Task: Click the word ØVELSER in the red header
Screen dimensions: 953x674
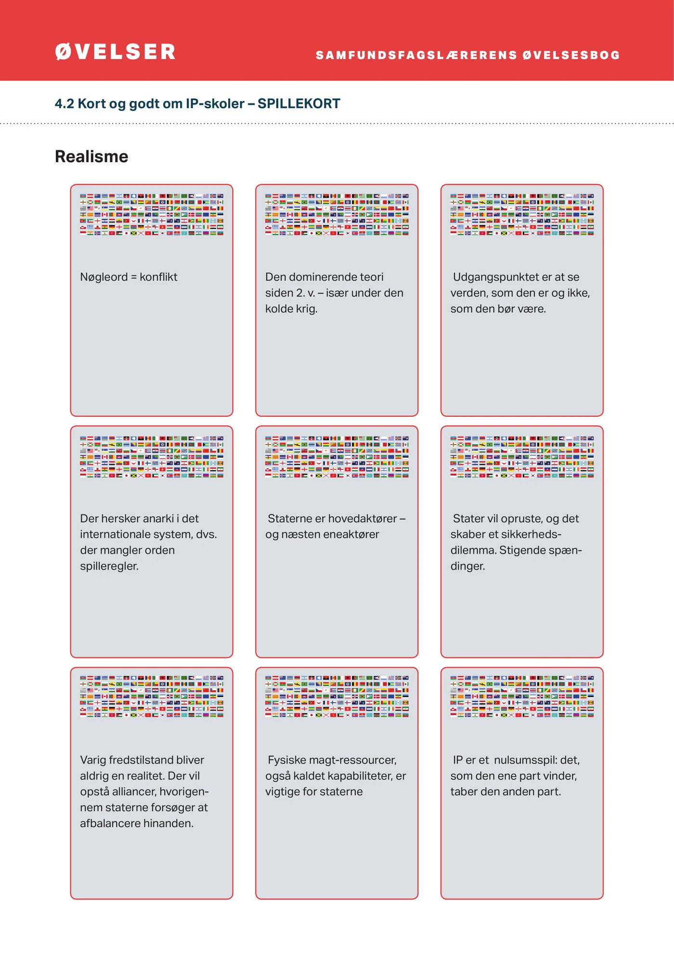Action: pos(115,52)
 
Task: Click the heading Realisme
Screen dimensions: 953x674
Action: pos(91,156)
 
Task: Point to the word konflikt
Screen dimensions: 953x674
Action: pos(158,277)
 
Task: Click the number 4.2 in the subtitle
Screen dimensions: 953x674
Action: pos(64,103)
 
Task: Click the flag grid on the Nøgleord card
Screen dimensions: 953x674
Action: pos(152,214)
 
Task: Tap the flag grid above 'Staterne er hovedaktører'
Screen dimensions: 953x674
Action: pos(337,456)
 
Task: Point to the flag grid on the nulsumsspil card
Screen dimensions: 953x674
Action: pos(522,696)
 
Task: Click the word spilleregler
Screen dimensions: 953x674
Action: pos(109,566)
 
